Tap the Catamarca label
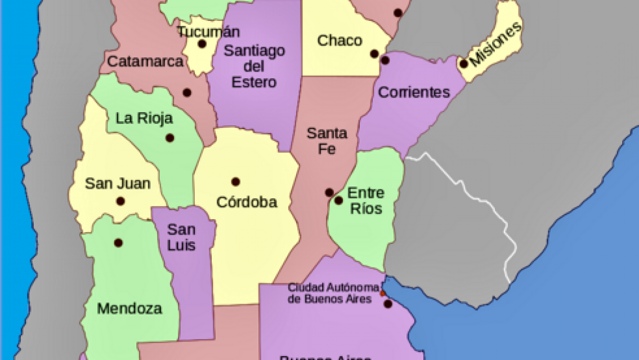[x=145, y=61]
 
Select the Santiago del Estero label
[x=254, y=66]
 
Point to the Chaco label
[x=339, y=41]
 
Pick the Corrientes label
[x=414, y=92]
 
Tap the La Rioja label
[x=144, y=118]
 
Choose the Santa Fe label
[x=327, y=141]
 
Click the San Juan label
[x=118, y=183]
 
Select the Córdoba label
[x=247, y=202]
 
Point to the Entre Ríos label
[x=365, y=201]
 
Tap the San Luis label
[x=182, y=237]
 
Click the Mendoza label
[x=129, y=308]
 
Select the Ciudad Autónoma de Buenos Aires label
[x=330, y=292]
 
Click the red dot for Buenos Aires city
[x=382, y=293]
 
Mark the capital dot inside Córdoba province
[x=235, y=181]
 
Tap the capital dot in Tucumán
[x=202, y=44]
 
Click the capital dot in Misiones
[x=463, y=64]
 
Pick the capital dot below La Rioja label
[x=169, y=137]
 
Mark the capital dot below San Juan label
[x=120, y=201]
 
